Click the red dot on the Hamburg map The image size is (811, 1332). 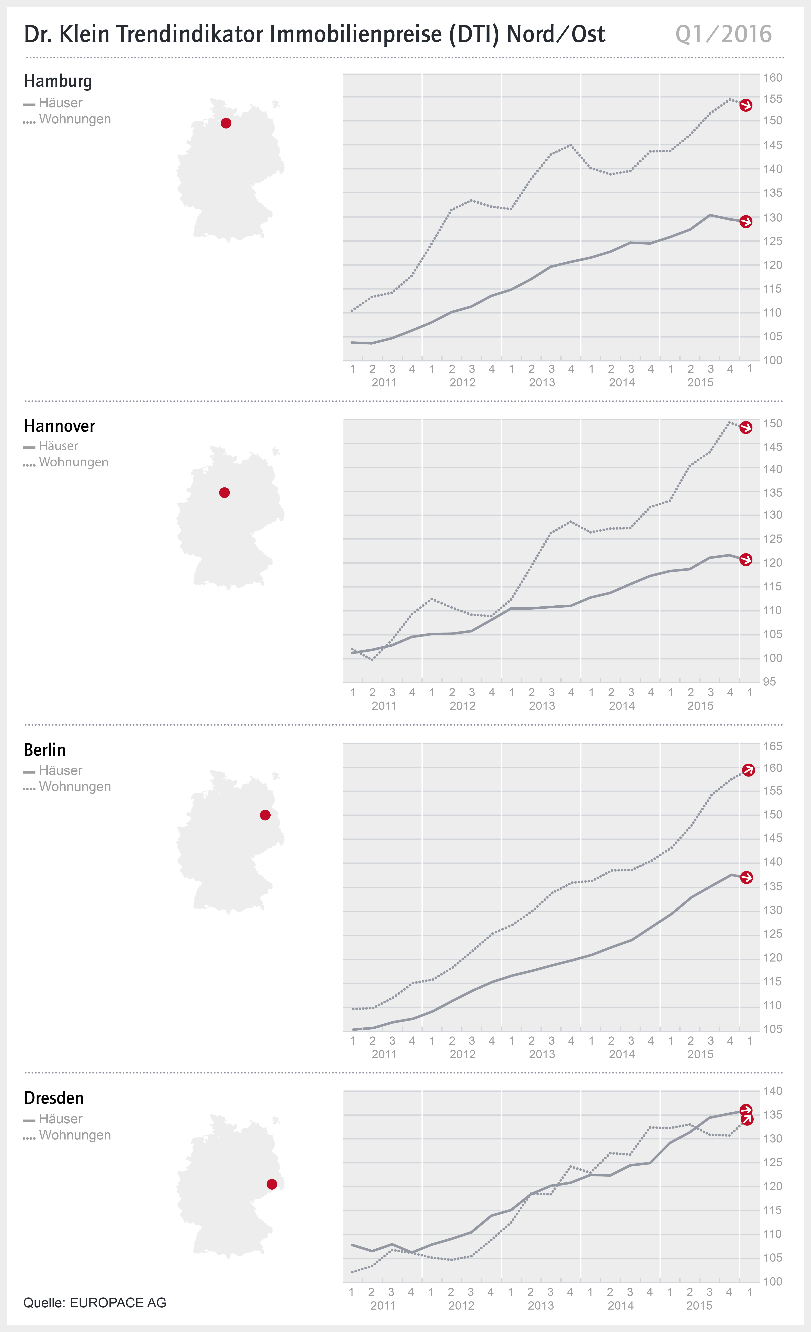click(x=226, y=123)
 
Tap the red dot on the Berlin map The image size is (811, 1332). click(x=265, y=815)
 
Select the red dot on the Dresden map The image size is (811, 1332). click(x=272, y=1184)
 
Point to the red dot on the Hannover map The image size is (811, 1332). click(x=224, y=492)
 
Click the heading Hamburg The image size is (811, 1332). click(x=58, y=81)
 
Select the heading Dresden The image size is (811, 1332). click(x=54, y=1098)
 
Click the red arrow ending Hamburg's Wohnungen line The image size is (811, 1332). click(x=746, y=105)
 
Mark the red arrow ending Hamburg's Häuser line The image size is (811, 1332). click(x=746, y=222)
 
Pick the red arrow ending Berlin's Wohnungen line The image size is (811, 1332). click(x=748, y=770)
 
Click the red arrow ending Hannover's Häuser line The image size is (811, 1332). click(x=746, y=560)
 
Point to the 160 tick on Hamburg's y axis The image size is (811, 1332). click(x=772, y=78)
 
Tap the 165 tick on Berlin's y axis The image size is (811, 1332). click(x=772, y=746)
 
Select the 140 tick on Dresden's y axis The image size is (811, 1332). click(x=772, y=1091)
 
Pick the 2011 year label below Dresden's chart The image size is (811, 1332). click(x=382, y=1306)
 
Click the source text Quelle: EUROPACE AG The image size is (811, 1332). click(x=95, y=1303)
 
